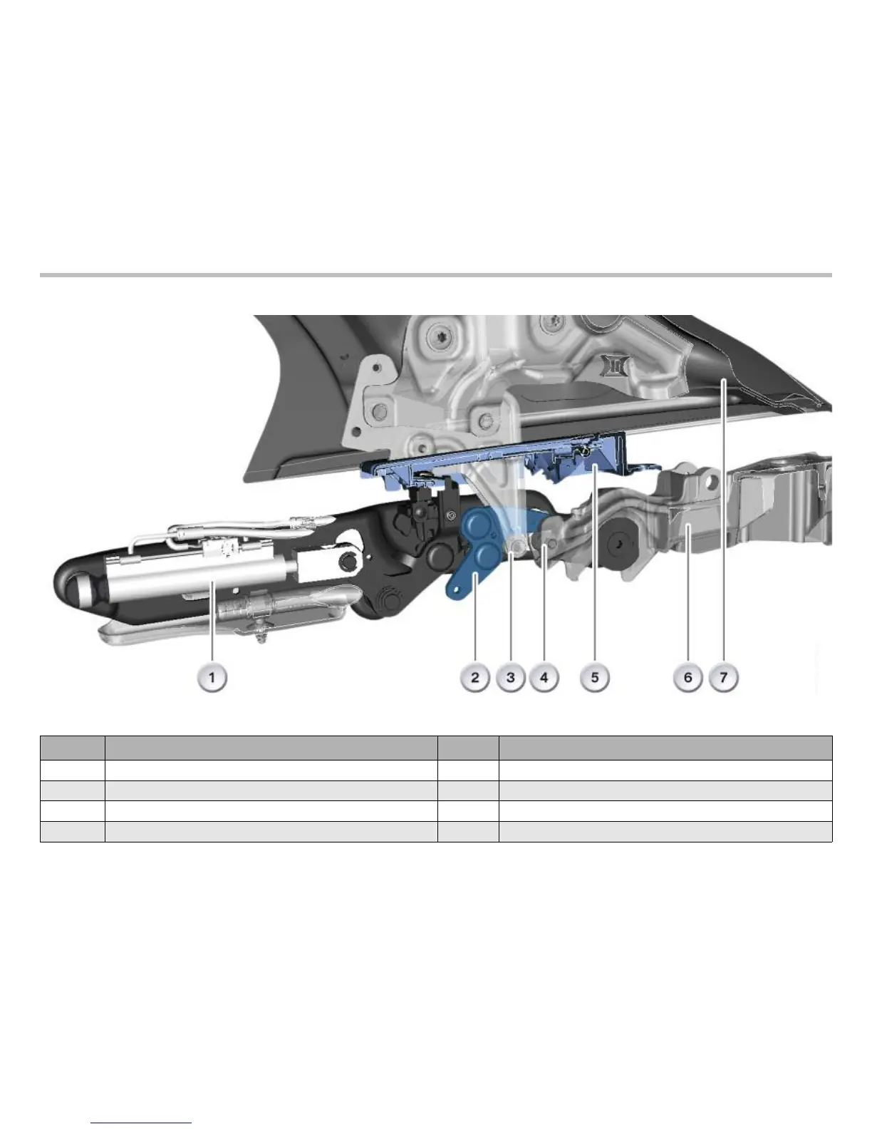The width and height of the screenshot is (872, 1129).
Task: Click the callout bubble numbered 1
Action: [x=212, y=678]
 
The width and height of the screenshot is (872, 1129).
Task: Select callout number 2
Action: [x=475, y=678]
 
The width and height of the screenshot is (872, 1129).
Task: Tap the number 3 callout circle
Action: [x=511, y=678]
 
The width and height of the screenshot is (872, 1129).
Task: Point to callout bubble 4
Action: [x=544, y=678]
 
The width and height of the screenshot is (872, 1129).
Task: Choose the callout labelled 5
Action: [x=595, y=678]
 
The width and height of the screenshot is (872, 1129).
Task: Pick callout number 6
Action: [x=687, y=678]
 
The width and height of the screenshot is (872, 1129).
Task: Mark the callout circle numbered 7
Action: [x=724, y=678]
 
